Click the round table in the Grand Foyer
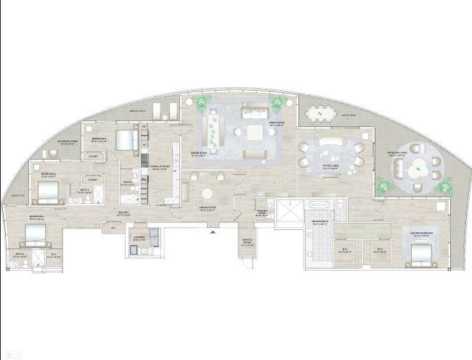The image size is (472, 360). (x=208, y=194)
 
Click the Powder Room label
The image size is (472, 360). (x=261, y=213)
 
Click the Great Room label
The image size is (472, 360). (x=276, y=123)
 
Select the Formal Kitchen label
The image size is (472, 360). (x=160, y=168)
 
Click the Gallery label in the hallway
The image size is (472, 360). (x=123, y=213)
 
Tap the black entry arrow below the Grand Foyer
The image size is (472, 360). (x=212, y=232)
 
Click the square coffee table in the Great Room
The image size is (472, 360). (x=256, y=133)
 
